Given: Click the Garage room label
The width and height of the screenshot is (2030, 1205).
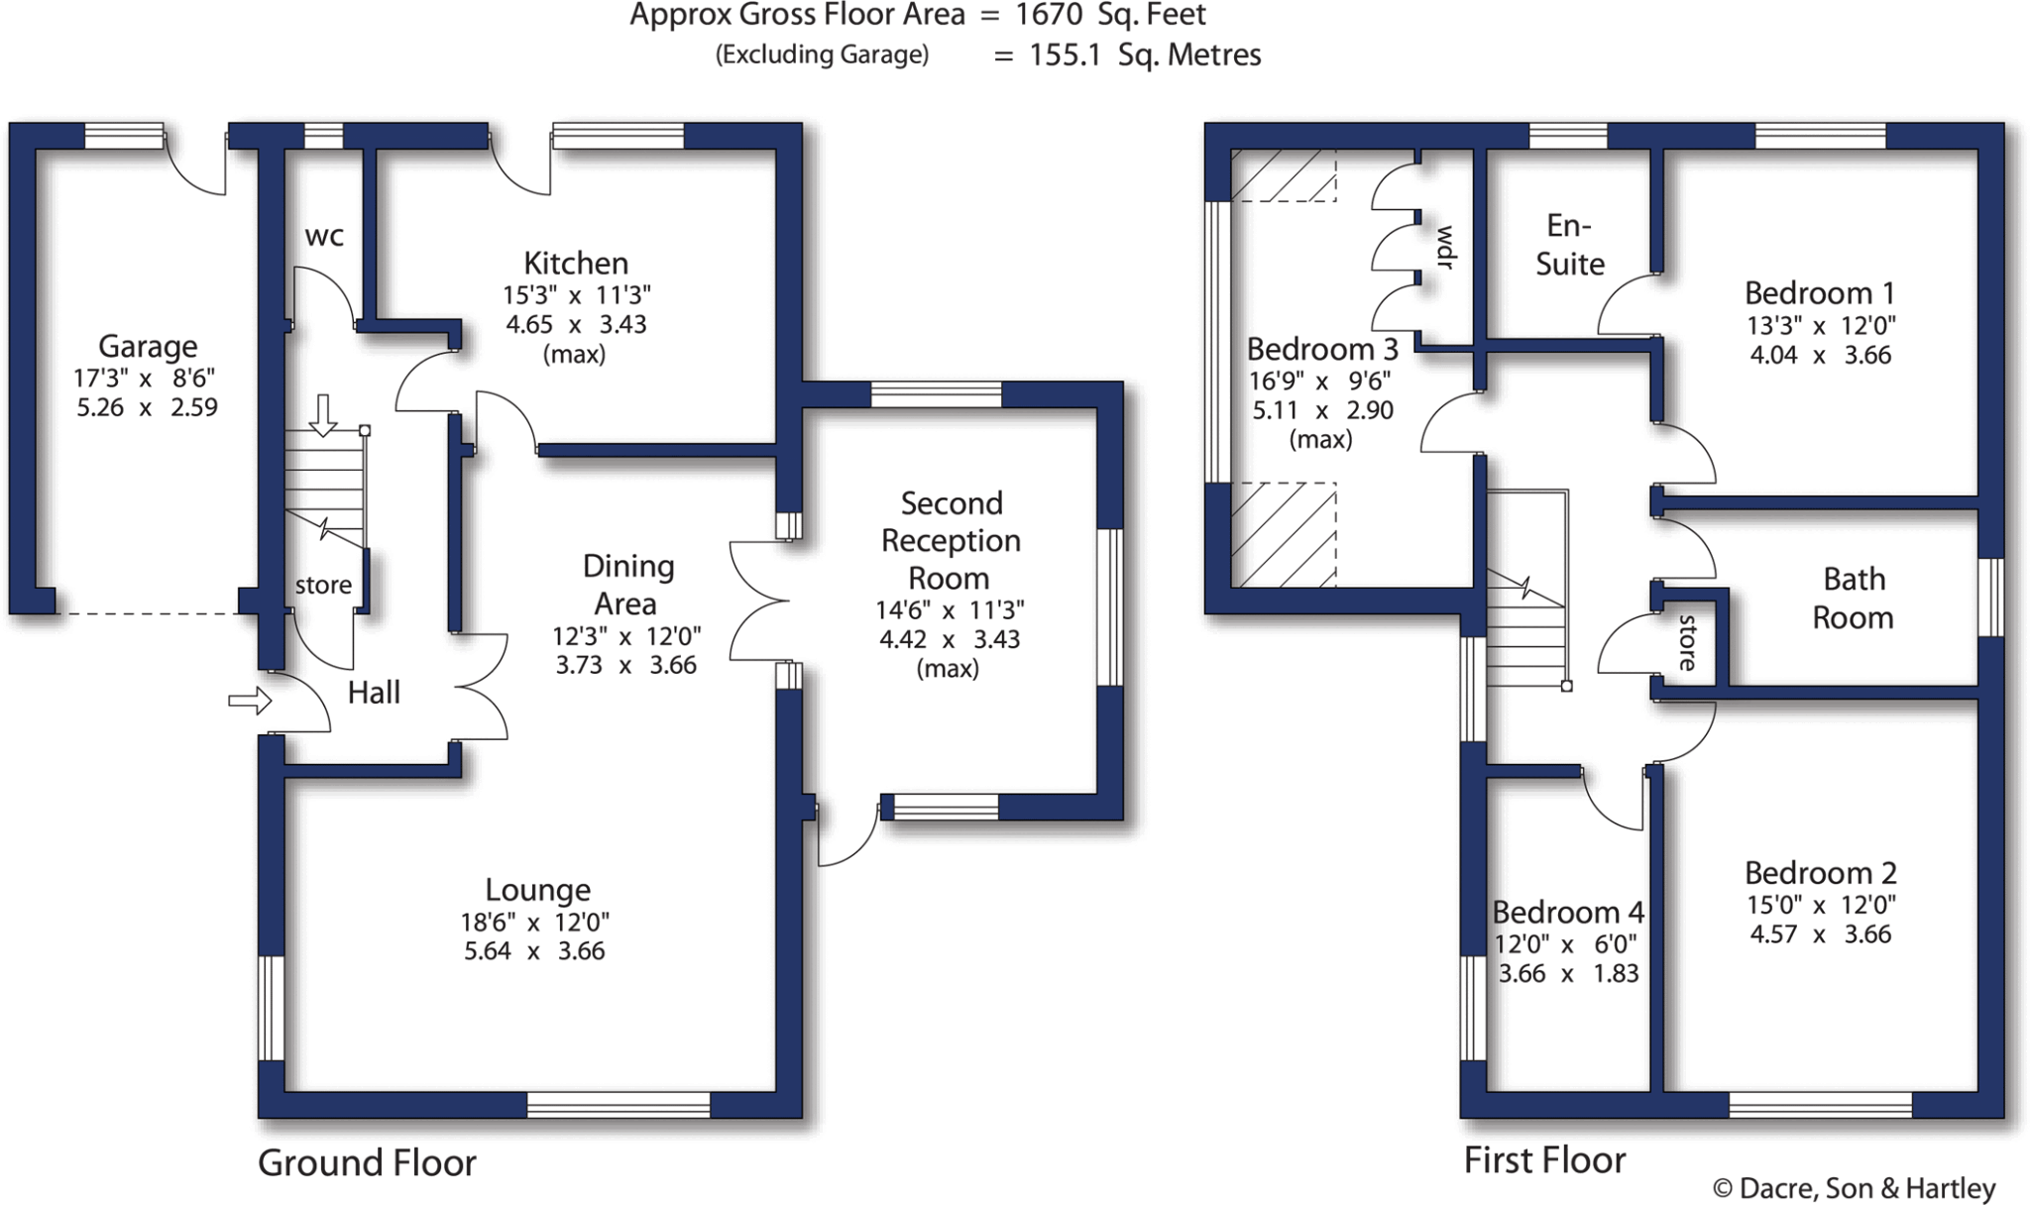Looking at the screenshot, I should [x=148, y=346].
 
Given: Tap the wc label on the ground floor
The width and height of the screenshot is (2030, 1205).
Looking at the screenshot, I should [x=324, y=236].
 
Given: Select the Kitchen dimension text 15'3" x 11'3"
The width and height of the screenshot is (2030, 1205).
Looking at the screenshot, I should [x=577, y=295].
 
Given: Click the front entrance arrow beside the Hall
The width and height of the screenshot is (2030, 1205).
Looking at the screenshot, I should [x=250, y=702].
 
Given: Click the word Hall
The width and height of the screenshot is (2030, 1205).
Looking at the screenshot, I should [x=374, y=693].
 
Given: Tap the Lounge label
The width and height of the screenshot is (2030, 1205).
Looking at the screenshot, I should [x=537, y=890].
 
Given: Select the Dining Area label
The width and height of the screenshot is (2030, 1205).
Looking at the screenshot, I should [x=626, y=585].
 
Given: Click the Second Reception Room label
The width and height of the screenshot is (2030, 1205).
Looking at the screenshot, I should [x=951, y=540].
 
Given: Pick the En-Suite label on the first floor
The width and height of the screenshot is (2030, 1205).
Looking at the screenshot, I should [x=1569, y=245].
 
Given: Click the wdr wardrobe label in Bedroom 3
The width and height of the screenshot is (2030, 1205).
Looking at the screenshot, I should [x=1445, y=248].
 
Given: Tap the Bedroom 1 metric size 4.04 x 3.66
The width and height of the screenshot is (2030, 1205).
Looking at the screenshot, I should [x=1820, y=355].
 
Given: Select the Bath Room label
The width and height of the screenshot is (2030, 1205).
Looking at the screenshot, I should [x=1853, y=598].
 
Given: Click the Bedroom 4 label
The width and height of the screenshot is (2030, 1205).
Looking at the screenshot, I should [x=1568, y=912].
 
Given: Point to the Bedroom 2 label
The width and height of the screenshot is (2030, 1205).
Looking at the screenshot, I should [x=1820, y=873].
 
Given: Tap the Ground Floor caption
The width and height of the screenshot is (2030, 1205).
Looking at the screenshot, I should [x=367, y=1162].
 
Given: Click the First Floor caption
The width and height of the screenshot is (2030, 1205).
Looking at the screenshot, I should [x=1544, y=1159].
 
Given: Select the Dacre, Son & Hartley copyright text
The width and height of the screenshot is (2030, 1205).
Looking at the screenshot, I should [x=1854, y=1188].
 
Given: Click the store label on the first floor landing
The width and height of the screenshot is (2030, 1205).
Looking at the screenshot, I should [x=1688, y=643].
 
